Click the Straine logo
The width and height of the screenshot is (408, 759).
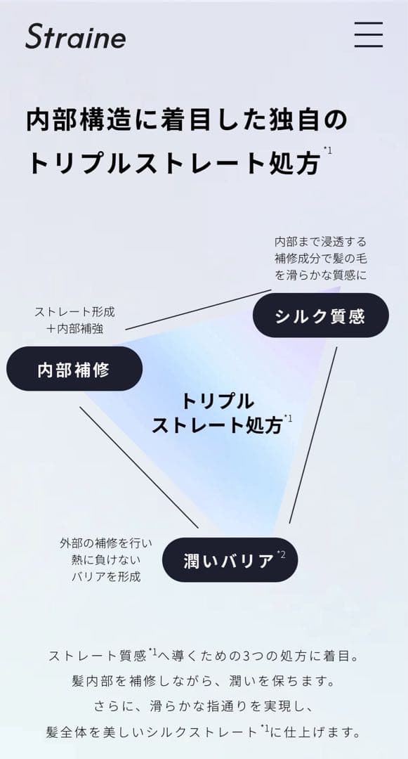pos(75,37)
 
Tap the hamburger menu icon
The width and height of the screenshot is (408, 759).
pos(369,34)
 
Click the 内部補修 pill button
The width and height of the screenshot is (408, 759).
pos(74,369)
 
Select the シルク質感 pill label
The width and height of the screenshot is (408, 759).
pos(320,315)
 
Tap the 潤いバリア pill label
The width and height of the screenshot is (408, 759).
pos(230,559)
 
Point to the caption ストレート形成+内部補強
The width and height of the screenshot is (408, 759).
pos(74,320)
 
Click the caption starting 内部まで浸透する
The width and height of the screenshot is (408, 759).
pos(320,258)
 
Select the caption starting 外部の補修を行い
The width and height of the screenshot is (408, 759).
pos(106,559)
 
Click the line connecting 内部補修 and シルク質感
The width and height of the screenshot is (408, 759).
pos(198,309)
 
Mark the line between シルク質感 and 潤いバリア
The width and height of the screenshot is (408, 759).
pos(312,435)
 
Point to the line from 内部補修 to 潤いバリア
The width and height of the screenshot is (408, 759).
pos(139,467)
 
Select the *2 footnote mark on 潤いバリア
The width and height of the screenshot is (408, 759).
pos(281,554)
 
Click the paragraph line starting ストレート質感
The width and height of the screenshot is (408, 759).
pos(204,656)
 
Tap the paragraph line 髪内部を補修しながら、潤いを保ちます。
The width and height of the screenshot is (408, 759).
pos(204,681)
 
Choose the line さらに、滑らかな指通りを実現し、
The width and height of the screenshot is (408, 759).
pos(204,706)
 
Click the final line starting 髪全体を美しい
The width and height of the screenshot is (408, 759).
pos(204,731)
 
